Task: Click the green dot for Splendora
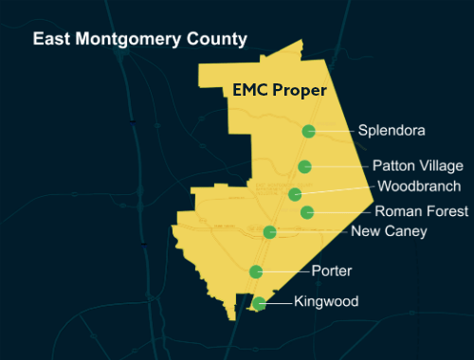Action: [x=308, y=132]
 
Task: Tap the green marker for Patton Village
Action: [x=304, y=167]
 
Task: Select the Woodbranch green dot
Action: [x=296, y=194]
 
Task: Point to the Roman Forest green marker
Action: [x=307, y=212]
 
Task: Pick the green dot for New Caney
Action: [x=270, y=232]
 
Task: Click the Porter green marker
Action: [x=256, y=272]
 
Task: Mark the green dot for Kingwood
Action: [x=259, y=303]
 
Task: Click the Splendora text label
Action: [x=392, y=131]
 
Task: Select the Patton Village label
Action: [x=417, y=166]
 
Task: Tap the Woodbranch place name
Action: [x=419, y=186]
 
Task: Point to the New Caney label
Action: [x=389, y=231]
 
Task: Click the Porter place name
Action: [x=332, y=271]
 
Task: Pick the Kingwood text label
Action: [x=326, y=302]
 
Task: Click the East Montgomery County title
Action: [x=139, y=40]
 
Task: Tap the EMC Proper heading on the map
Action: [x=280, y=91]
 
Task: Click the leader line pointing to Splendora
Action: [x=334, y=132]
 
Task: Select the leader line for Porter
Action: [x=285, y=272]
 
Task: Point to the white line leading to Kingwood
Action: [x=278, y=303]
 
